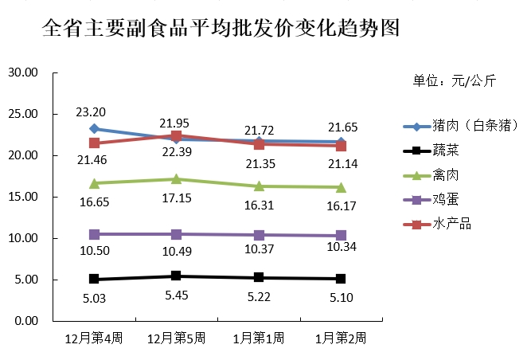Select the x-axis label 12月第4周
[x=94, y=338]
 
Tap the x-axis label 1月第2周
[x=340, y=338]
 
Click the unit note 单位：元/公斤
[x=454, y=80]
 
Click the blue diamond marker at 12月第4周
[x=94, y=128]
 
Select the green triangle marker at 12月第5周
[x=176, y=179]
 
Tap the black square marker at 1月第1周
[x=258, y=277]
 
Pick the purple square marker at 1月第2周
[x=341, y=235]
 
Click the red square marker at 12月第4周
[x=94, y=143]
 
